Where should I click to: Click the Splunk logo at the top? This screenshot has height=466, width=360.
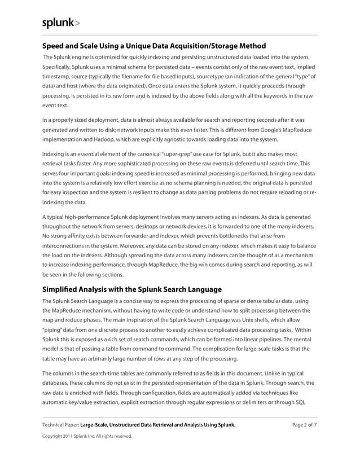(62, 23)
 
